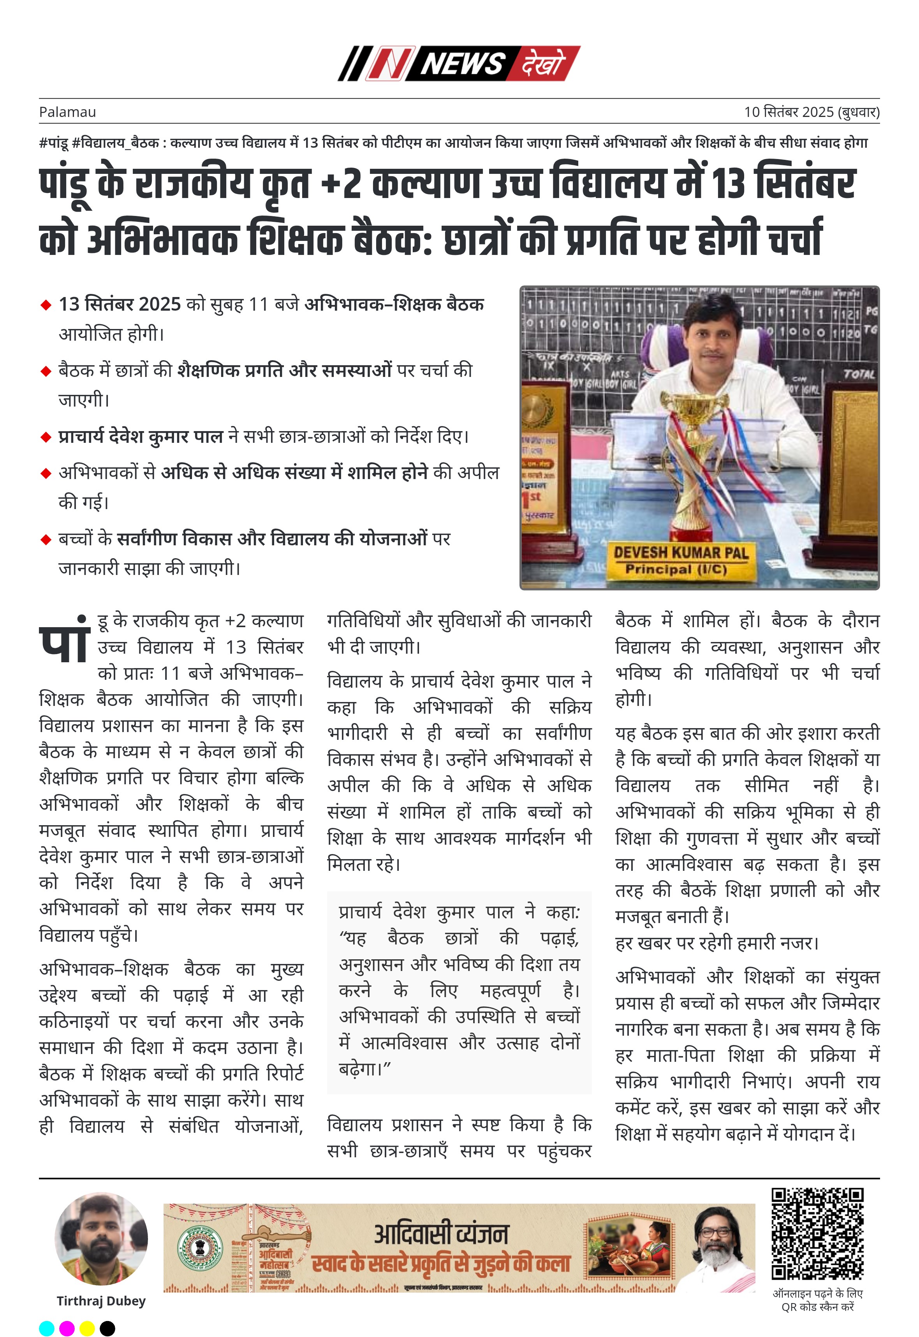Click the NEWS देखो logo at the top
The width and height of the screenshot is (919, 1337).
point(459,64)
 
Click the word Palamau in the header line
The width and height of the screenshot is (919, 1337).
point(67,112)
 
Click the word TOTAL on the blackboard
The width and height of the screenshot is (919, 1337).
point(859,374)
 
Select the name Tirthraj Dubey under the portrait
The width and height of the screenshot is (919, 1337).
point(101,1301)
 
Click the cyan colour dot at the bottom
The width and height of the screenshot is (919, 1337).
point(47,1328)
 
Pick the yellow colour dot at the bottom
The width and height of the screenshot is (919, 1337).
point(87,1328)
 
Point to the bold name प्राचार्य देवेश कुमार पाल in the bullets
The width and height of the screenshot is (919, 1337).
point(141,437)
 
